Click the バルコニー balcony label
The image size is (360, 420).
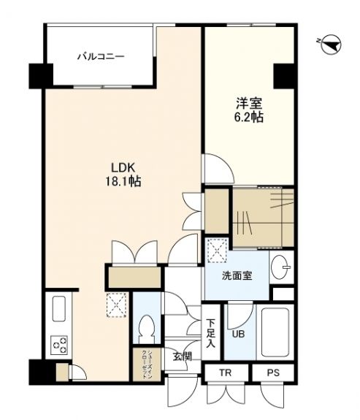pyautogui.click(x=101, y=57)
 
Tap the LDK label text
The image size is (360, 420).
pyautogui.click(x=123, y=168)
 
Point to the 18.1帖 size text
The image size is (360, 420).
pyautogui.click(x=123, y=182)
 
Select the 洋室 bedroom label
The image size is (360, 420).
pyautogui.click(x=249, y=104)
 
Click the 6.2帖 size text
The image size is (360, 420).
pyautogui.click(x=249, y=117)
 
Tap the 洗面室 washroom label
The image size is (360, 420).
pyautogui.click(x=237, y=275)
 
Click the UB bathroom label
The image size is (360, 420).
pyautogui.click(x=238, y=334)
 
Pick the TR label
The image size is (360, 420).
pyautogui.click(x=226, y=373)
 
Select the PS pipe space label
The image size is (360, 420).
pyautogui.click(x=273, y=373)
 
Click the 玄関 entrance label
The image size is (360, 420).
pyautogui.click(x=182, y=356)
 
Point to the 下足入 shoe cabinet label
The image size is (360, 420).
pyautogui.click(x=211, y=334)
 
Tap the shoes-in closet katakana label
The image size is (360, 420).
pyautogui.click(x=147, y=364)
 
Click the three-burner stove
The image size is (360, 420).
pyautogui.click(x=59, y=345)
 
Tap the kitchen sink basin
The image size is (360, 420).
pyautogui.click(x=59, y=309)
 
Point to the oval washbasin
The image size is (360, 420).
pyautogui.click(x=278, y=267)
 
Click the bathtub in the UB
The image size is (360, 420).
pyautogui.click(x=275, y=332)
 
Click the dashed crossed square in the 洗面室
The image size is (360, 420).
pyautogui.click(x=217, y=251)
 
